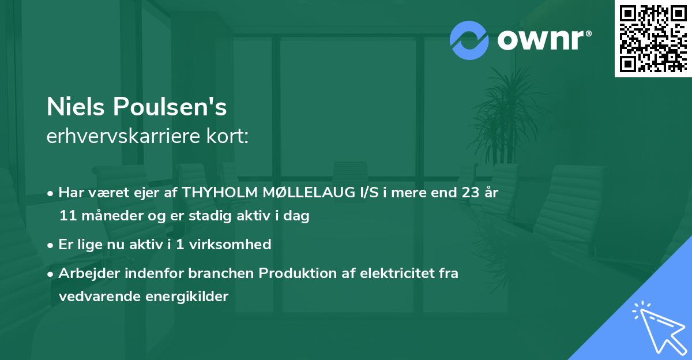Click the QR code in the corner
pos(652,39)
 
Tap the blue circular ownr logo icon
pos(469,40)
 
